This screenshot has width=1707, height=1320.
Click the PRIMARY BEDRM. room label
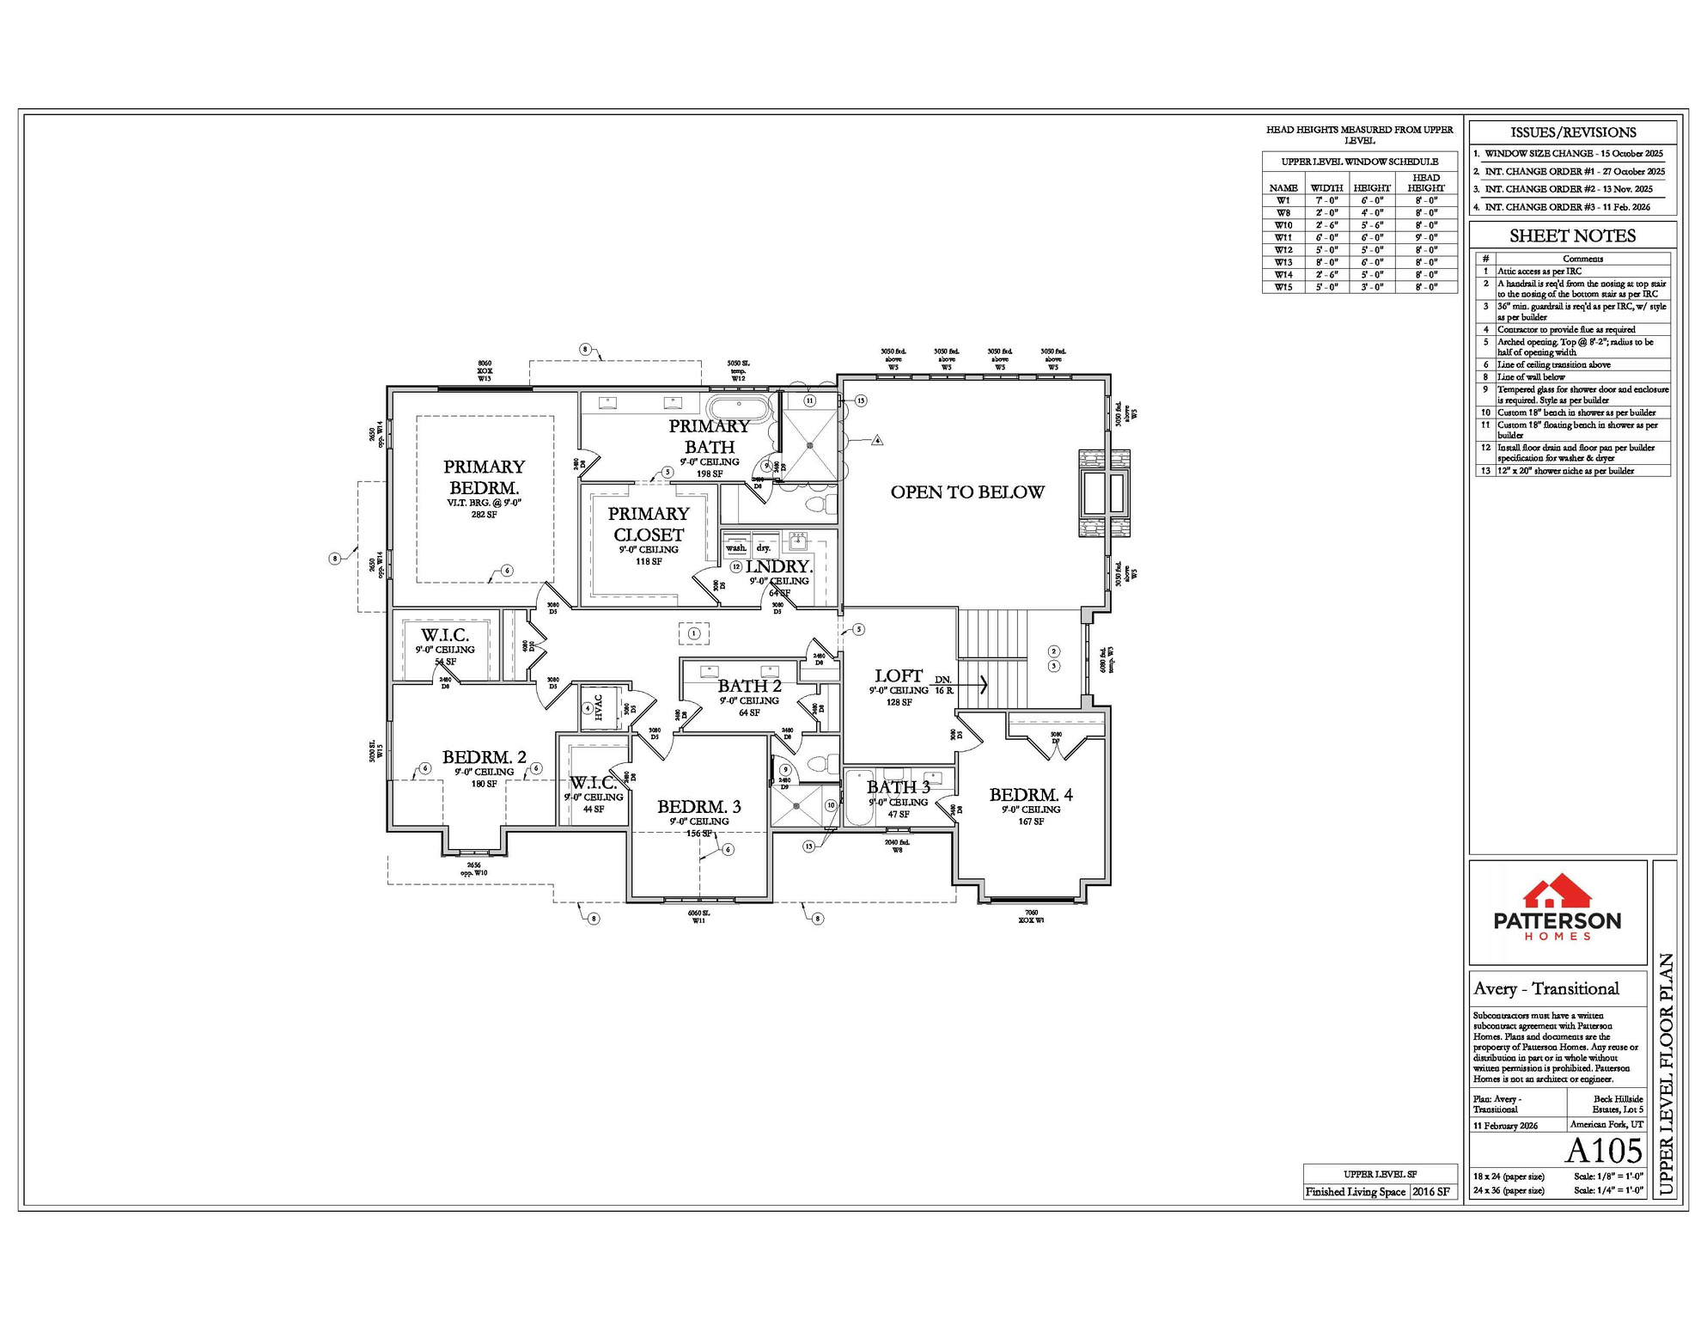point(484,477)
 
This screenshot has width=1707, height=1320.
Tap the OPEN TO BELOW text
point(967,492)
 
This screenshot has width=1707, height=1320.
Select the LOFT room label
point(899,676)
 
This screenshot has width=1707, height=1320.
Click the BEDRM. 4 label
point(1030,795)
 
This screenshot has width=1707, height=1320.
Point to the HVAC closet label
point(599,707)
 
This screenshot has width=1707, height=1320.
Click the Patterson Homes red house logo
point(1557,893)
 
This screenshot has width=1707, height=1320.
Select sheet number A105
point(1603,1150)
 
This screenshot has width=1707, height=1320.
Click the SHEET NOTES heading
point(1572,235)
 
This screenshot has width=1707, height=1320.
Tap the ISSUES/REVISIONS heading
point(1573,132)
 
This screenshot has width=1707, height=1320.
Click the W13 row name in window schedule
point(1283,262)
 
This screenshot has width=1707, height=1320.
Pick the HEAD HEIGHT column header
point(1425,182)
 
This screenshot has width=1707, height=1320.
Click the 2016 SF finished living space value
point(1430,1191)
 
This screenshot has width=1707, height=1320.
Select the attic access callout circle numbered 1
point(694,633)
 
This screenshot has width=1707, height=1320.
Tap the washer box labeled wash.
point(736,547)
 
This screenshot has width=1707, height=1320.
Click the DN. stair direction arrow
point(983,685)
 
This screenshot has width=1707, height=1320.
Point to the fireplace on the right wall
point(1105,493)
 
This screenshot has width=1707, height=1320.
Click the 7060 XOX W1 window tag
point(1031,916)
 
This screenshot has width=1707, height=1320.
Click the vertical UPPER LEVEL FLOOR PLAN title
point(1664,1074)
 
